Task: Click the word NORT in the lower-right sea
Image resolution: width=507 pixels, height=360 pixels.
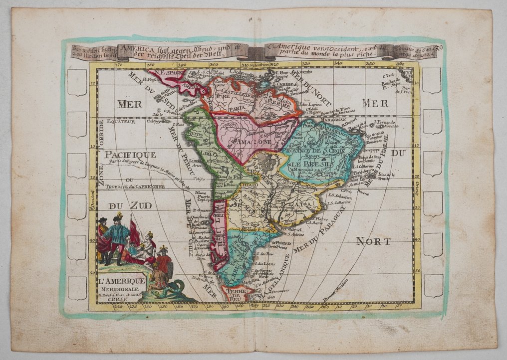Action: [373, 241]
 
